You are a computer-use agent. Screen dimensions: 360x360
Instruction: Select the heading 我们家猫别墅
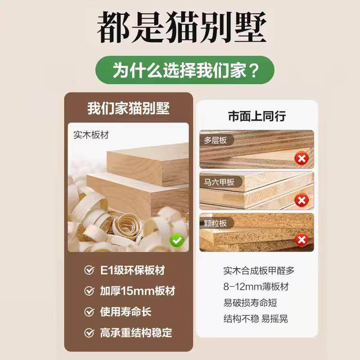pos(128,108)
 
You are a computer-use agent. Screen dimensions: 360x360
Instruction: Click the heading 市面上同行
pos(257,116)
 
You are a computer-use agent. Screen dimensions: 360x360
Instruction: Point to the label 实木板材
pos(91,134)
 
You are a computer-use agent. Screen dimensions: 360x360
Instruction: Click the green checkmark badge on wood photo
pos(176,240)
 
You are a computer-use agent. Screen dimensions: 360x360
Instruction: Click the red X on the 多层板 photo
pos(301,158)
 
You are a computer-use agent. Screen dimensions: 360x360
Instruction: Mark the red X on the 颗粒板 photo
pos(301,240)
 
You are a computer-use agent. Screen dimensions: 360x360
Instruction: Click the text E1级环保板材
pos(132,270)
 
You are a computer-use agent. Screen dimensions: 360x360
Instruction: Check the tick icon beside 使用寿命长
pos(89,311)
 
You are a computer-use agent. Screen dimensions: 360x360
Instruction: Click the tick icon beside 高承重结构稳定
pos(89,333)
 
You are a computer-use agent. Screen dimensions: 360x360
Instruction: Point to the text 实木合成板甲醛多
pos(259,271)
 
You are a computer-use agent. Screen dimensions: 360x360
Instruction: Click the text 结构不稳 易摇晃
pos(256,319)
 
